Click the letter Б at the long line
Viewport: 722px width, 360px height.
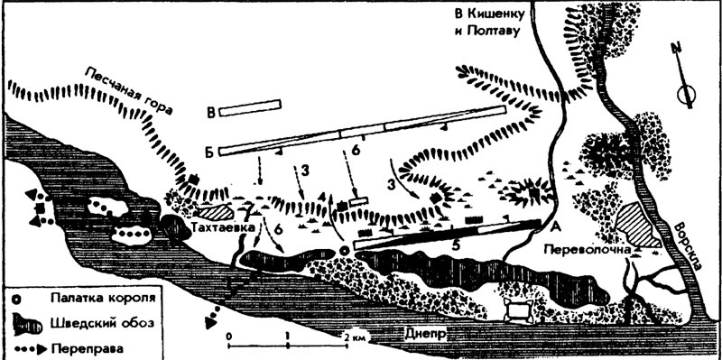(210, 152)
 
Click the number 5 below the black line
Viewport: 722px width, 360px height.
(456, 246)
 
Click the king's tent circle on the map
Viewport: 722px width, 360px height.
(344, 250)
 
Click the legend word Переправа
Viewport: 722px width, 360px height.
(88, 347)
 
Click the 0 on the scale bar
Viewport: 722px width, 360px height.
(229, 336)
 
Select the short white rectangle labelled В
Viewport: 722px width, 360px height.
(250, 107)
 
